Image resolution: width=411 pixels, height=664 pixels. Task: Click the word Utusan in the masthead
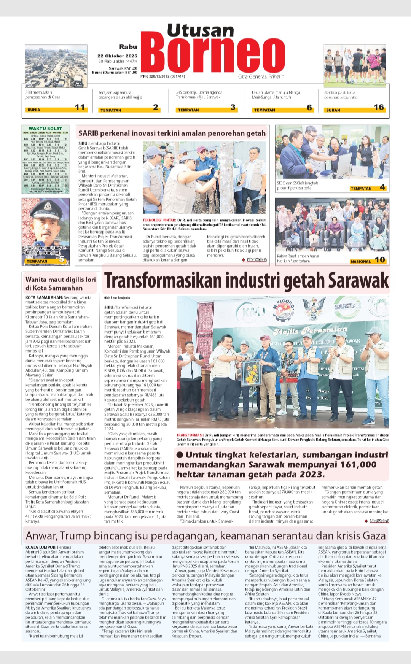(201, 30)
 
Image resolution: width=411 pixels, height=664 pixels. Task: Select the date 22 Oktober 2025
(117, 56)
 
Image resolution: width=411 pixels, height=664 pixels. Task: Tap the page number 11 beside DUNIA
(80, 107)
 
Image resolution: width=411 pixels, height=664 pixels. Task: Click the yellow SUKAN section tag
(333, 110)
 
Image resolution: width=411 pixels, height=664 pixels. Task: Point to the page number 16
(379, 107)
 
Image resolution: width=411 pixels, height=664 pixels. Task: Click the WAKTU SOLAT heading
(45, 129)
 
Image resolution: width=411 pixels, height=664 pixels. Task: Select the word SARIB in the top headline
(88, 133)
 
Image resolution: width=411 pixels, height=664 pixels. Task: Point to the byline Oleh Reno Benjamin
(117, 298)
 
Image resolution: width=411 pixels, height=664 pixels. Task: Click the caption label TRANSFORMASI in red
(190, 435)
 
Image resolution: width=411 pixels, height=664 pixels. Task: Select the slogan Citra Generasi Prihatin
(261, 76)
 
